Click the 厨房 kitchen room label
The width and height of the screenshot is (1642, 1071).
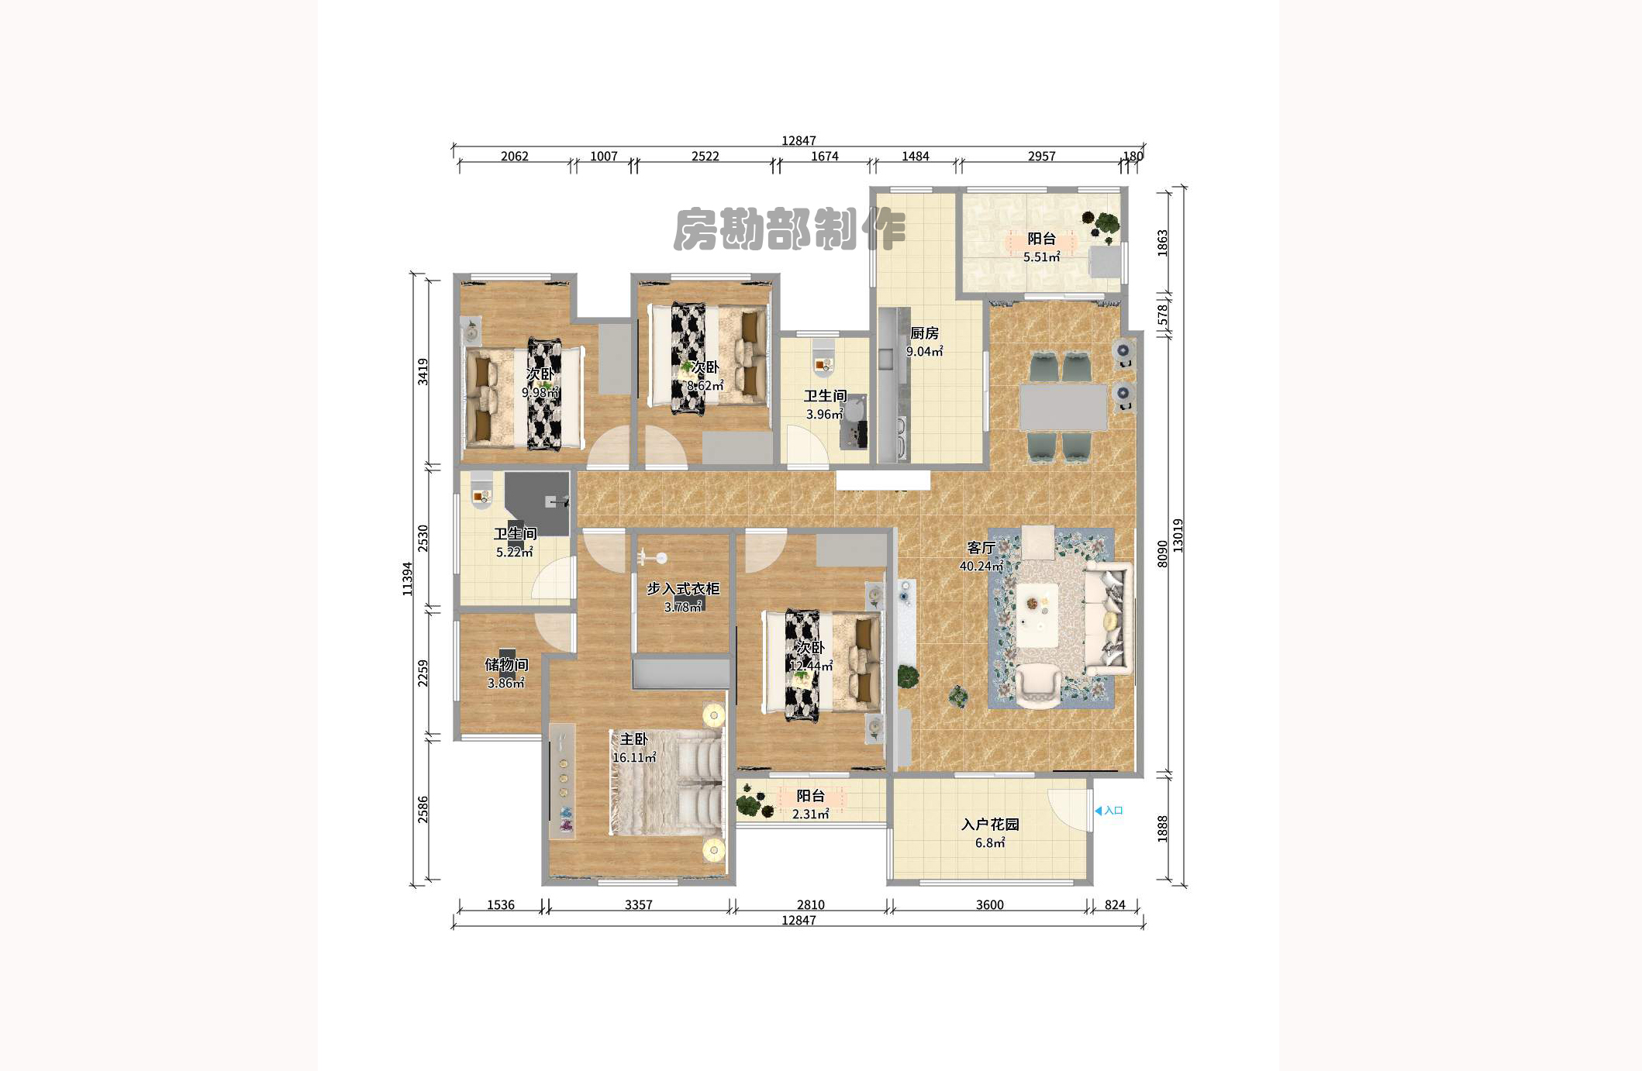pyautogui.click(x=924, y=333)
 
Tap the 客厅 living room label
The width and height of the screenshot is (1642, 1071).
pyautogui.click(x=981, y=548)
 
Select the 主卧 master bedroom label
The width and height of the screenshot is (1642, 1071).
pyautogui.click(x=633, y=739)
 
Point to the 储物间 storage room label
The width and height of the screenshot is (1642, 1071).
pyautogui.click(x=506, y=664)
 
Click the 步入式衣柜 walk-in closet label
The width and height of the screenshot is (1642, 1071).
pyautogui.click(x=683, y=589)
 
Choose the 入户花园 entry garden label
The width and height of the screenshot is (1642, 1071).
pyautogui.click(x=990, y=825)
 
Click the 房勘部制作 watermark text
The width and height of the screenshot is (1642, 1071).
pyautogui.click(x=788, y=229)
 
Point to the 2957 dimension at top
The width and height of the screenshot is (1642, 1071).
pyautogui.click(x=1041, y=157)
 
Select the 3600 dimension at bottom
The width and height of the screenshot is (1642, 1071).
pyautogui.click(x=989, y=904)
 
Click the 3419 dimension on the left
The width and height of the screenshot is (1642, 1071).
pyautogui.click(x=423, y=371)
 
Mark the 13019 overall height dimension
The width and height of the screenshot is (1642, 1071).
pyautogui.click(x=1178, y=535)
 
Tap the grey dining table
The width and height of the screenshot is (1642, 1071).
pyautogui.click(x=1063, y=408)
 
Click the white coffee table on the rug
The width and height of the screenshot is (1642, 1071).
pyautogui.click(x=1037, y=614)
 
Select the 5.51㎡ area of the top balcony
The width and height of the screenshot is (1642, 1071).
pyautogui.click(x=1041, y=257)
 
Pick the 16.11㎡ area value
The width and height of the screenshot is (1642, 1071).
pyautogui.click(x=634, y=758)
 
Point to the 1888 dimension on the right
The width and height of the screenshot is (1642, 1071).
pyautogui.click(x=1162, y=828)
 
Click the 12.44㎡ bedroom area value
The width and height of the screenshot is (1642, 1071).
pyautogui.click(x=811, y=666)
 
